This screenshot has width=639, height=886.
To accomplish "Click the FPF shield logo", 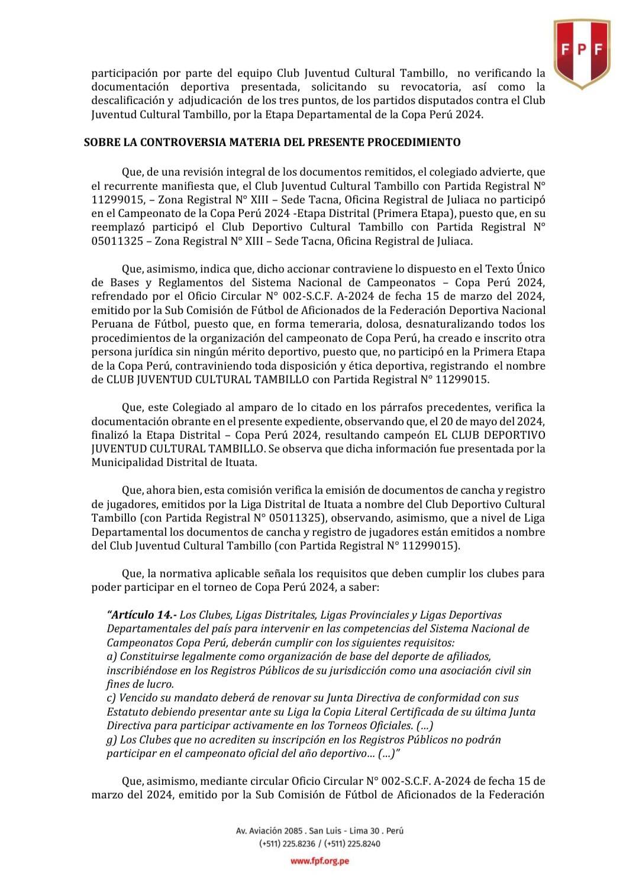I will pos(582,53).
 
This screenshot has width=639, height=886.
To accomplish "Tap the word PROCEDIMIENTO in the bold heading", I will pos(414,142).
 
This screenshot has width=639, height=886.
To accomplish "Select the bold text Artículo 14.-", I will pos(141,615).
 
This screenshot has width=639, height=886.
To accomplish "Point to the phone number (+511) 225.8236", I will pos(287,844).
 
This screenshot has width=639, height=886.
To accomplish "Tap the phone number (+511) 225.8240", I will pos(352,844).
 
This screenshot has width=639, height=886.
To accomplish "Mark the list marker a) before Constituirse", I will pos(112,657).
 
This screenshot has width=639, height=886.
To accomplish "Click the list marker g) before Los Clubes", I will pos(112,740).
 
